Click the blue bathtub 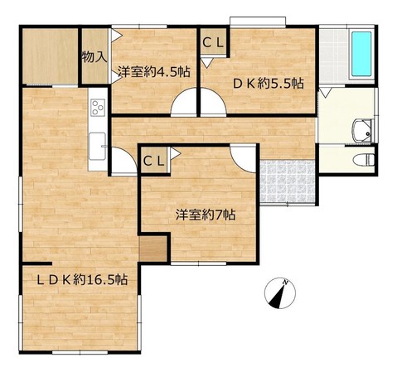[x=361, y=54]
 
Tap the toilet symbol [x=364, y=160]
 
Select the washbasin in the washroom [x=363, y=131]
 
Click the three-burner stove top [x=98, y=107]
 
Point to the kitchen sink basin [x=97, y=146]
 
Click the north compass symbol [x=280, y=293]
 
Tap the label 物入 [x=94, y=57]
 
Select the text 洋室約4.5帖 [x=154, y=72]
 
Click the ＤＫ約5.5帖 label [x=269, y=83]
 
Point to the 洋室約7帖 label [x=206, y=215]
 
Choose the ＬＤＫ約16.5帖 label [x=82, y=280]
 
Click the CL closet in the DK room [x=213, y=42]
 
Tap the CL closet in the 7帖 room [x=153, y=162]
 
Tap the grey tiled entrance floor [x=288, y=181]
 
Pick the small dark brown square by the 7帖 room [x=153, y=249]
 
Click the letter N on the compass [x=285, y=283]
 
